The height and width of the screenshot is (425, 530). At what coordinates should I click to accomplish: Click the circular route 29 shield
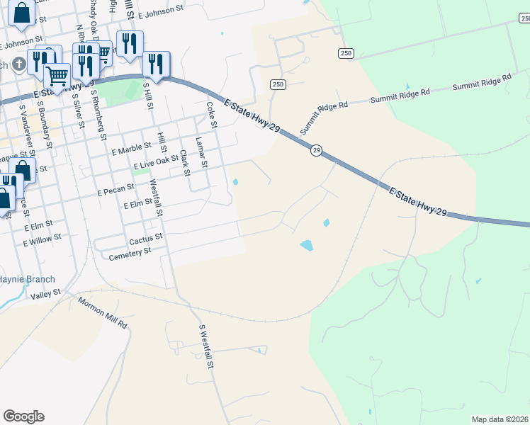[316, 150]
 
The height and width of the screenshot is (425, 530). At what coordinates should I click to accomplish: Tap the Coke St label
[210, 115]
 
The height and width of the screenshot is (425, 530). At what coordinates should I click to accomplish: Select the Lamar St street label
[201, 152]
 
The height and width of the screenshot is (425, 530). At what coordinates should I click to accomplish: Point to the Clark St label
[184, 162]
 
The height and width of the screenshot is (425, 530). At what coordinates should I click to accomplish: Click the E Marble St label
[132, 146]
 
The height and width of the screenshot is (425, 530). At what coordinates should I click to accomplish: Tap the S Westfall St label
[206, 347]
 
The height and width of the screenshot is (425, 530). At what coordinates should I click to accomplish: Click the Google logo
[23, 416]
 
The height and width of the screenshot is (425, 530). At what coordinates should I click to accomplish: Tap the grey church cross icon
[18, 64]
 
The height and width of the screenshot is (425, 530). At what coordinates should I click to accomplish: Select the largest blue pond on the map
[306, 245]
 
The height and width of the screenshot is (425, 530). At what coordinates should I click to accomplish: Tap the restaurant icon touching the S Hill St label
[156, 64]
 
